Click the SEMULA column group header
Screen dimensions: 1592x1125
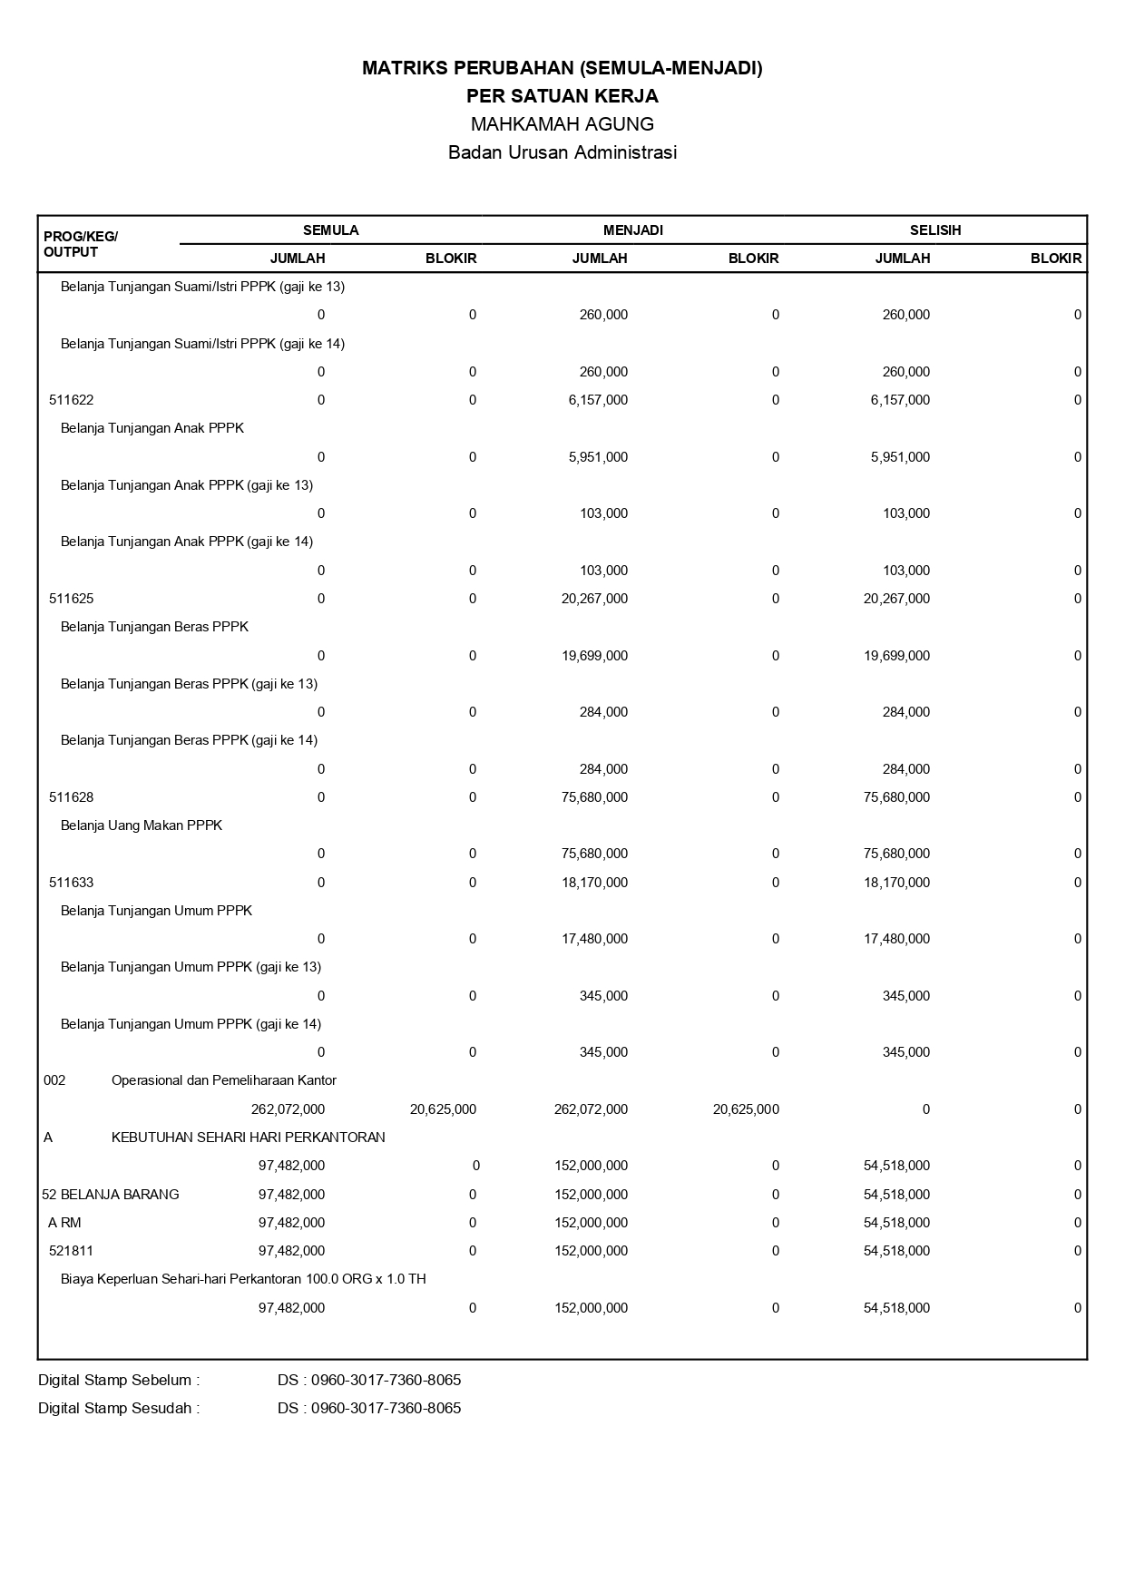tap(330, 230)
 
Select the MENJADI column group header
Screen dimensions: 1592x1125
tap(632, 230)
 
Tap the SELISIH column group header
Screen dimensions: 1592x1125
tap(935, 230)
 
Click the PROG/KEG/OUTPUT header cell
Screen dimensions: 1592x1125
tap(80, 244)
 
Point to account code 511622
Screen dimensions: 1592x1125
tap(71, 400)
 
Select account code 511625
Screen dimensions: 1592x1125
tap(71, 599)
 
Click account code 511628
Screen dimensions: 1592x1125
tap(71, 797)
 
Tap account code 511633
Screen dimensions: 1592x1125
tap(71, 883)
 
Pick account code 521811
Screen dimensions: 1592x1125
tap(71, 1251)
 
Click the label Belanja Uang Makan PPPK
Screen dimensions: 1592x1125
tap(141, 825)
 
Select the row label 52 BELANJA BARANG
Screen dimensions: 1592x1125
tap(111, 1195)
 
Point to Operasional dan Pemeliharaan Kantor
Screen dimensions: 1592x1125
tap(223, 1080)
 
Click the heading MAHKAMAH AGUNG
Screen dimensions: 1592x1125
tap(562, 124)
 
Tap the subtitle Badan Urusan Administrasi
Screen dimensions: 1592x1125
tap(562, 152)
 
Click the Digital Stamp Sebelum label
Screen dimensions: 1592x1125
tap(119, 1381)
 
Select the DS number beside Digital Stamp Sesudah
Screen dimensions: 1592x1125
tap(369, 1409)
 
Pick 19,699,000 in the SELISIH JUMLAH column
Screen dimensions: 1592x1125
tap(896, 656)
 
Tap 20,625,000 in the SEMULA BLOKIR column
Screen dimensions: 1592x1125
tap(443, 1109)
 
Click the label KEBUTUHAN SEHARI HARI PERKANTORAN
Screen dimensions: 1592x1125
tap(248, 1138)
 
